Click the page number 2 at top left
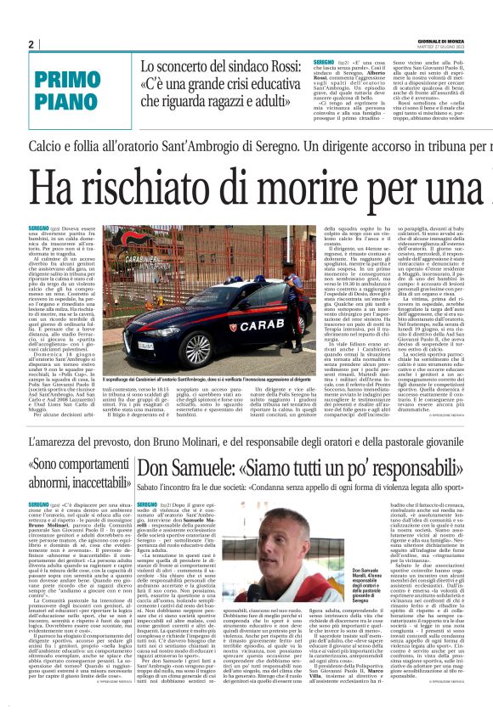(31, 44)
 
